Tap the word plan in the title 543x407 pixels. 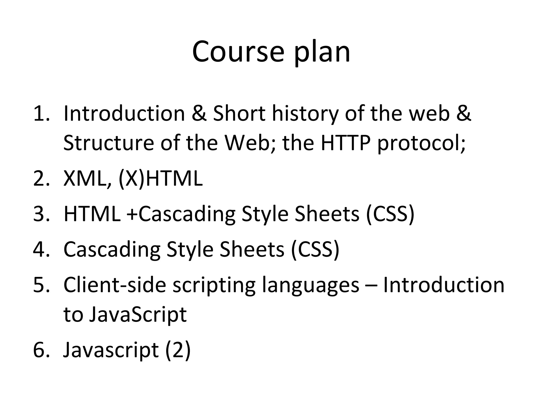[x=322, y=53]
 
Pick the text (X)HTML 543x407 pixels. [x=160, y=179]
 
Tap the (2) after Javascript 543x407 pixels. [x=178, y=350]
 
